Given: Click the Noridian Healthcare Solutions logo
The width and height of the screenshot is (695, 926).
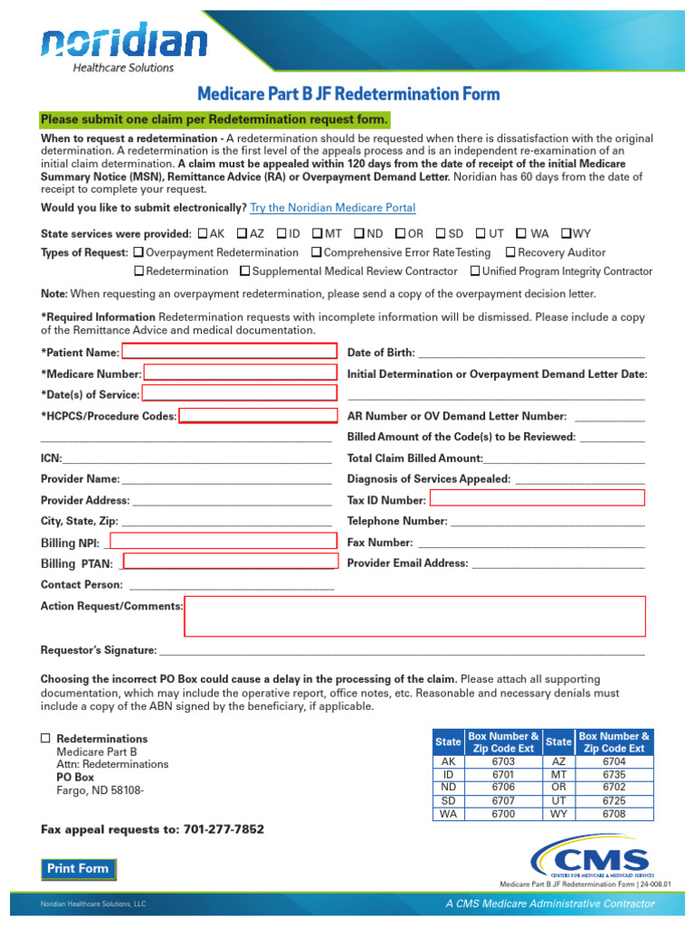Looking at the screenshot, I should [124, 47].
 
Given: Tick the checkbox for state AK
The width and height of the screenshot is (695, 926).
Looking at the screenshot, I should [202, 232].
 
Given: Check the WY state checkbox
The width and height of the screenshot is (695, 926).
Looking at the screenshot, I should [566, 232].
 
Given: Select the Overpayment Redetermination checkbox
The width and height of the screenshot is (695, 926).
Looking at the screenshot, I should [138, 252].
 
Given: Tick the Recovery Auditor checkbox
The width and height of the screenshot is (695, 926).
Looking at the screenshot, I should [510, 252].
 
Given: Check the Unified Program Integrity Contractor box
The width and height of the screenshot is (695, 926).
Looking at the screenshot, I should [475, 271].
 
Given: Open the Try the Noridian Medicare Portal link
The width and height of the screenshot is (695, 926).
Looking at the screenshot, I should [332, 207].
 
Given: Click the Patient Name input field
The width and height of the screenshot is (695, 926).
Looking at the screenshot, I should [230, 352].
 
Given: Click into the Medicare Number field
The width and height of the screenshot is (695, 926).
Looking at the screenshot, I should [240, 373].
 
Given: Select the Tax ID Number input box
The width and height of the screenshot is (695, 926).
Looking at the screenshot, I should [537, 498].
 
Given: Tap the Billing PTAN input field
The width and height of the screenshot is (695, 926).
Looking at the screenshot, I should [229, 562].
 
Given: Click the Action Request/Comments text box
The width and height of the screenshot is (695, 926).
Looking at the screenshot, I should [414, 616].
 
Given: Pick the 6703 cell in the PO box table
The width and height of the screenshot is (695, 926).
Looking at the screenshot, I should [503, 761].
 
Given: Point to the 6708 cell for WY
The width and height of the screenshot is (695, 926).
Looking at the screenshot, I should [614, 814].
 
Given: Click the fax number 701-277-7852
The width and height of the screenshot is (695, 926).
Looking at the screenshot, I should [224, 829].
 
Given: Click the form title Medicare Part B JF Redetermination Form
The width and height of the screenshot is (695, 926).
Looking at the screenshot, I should [348, 94].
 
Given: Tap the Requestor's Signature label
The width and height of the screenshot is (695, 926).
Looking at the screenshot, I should [99, 650].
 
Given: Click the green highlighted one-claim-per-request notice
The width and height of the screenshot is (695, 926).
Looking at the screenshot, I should [214, 120].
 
